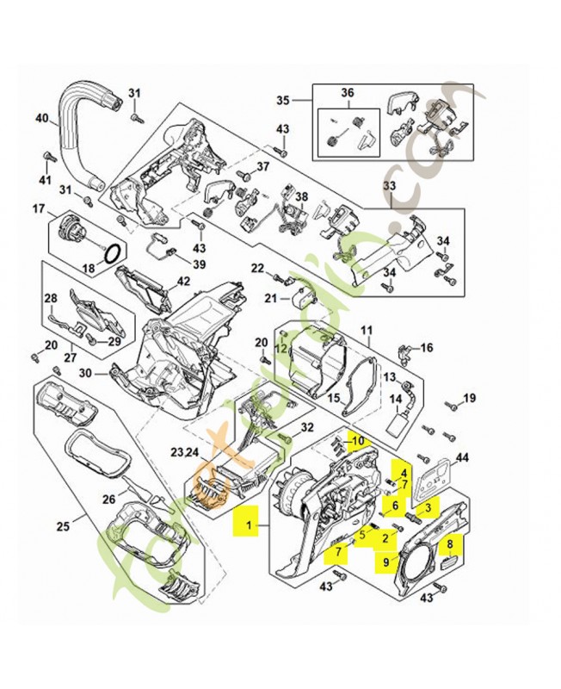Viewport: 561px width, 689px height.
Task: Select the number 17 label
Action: tap(38, 208)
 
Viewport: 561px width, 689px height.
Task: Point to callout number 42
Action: tap(183, 281)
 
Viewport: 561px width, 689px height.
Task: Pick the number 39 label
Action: tap(199, 264)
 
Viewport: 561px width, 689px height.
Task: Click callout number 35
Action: tap(282, 101)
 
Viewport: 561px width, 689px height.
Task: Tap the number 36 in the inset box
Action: tap(348, 93)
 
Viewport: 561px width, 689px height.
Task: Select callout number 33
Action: tap(389, 185)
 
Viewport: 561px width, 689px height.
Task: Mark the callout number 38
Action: tap(301, 196)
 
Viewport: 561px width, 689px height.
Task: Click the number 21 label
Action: tap(270, 298)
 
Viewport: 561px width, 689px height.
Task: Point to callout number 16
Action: tap(427, 348)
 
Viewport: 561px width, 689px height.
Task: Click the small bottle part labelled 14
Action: tap(397, 425)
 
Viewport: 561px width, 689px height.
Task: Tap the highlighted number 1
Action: tap(249, 523)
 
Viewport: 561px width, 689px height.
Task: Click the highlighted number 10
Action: tap(359, 442)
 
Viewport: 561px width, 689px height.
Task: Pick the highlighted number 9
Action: tap(389, 563)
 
